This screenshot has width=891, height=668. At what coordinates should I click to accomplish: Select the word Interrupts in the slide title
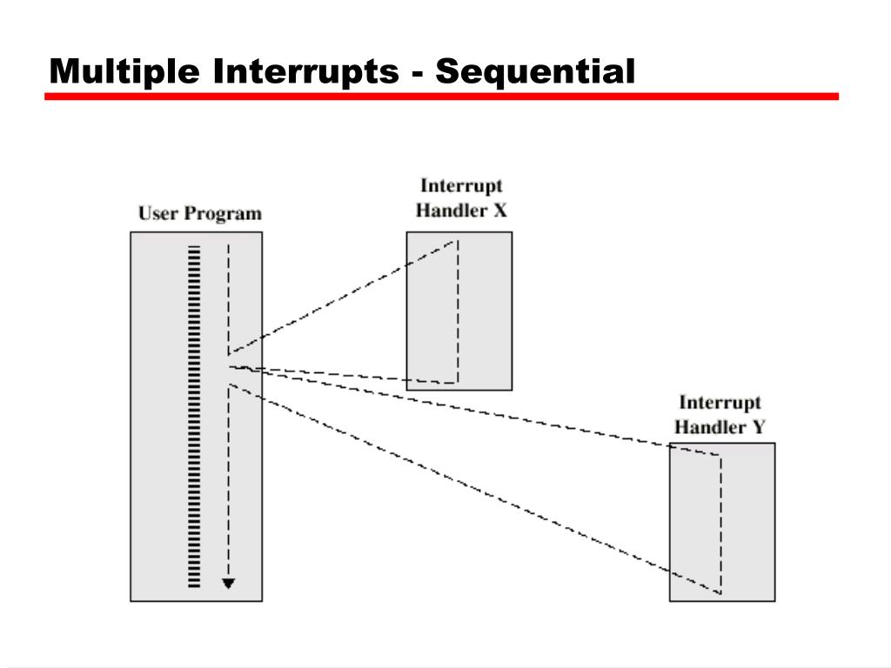pyautogui.click(x=305, y=71)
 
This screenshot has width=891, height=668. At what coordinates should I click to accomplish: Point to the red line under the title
pyautogui.click(x=441, y=97)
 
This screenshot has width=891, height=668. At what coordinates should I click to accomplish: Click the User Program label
pyautogui.click(x=199, y=213)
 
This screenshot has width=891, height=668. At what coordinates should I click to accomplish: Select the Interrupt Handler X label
pyautogui.click(x=461, y=197)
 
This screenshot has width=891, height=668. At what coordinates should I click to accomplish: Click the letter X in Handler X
pyautogui.click(x=499, y=210)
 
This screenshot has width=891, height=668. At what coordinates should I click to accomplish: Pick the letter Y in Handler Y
pyautogui.click(x=759, y=427)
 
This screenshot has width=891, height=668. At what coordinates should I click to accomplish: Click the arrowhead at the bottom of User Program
pyautogui.click(x=228, y=584)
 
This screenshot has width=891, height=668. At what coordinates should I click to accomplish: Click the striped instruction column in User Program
pyautogui.click(x=194, y=417)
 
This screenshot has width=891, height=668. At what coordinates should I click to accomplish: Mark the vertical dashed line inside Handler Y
pyautogui.click(x=720, y=522)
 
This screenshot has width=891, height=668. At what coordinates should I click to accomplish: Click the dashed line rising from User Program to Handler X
pyautogui.click(x=339, y=297)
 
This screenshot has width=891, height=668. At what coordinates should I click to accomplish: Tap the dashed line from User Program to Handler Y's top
pyautogui.click(x=470, y=408)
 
